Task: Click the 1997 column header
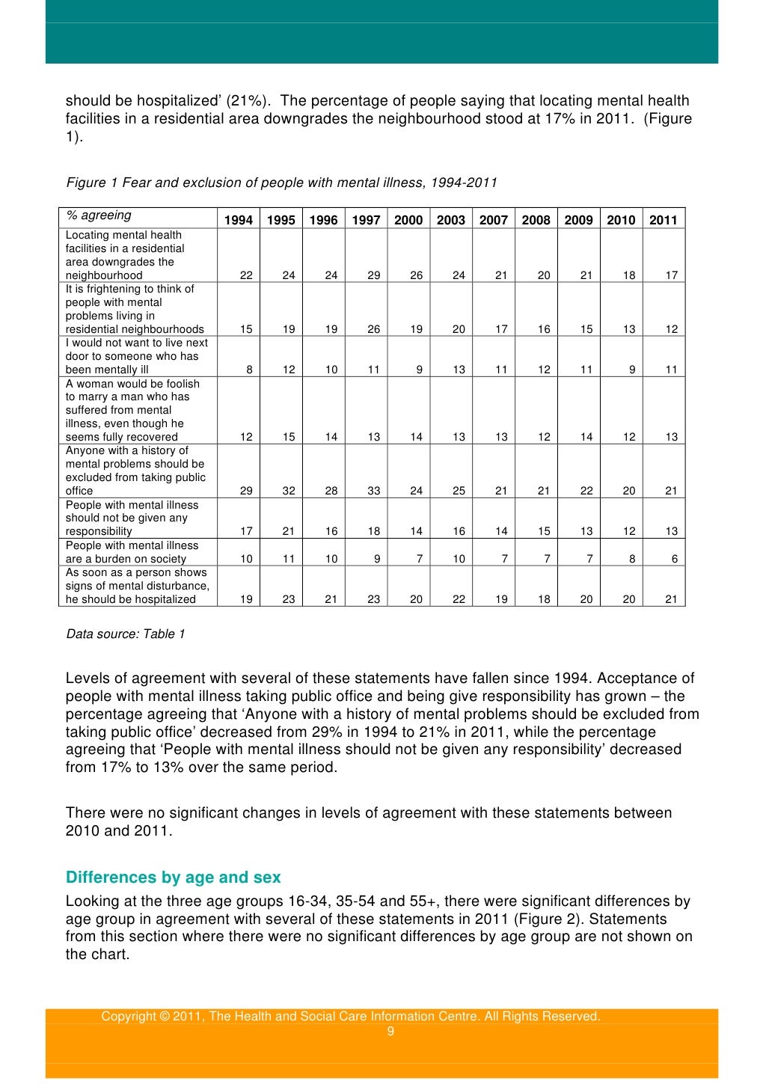pyautogui.click(x=366, y=220)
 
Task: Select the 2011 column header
pyautogui.click(x=663, y=220)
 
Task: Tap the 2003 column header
pyautogui.click(x=451, y=220)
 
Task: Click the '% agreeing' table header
pyautogui.click(x=99, y=215)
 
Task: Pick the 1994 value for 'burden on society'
pyautogui.click(x=246, y=559)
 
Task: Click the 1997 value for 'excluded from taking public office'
pyautogui.click(x=373, y=491)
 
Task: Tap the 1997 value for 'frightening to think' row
pyautogui.click(x=373, y=329)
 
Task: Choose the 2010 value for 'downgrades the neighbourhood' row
pyautogui.click(x=629, y=275)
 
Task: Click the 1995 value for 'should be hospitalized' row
pyautogui.click(x=289, y=599)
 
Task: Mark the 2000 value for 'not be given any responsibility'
pyautogui.click(x=416, y=531)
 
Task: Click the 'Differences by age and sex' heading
pyautogui.click(x=174, y=878)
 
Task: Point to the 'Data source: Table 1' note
pyautogui.click(x=126, y=634)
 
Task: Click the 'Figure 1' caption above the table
pyautogui.click(x=281, y=183)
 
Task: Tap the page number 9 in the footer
pyautogui.click(x=390, y=1032)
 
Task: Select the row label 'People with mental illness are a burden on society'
pyautogui.click(x=132, y=552)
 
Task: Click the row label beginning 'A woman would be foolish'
pyautogui.click(x=132, y=410)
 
